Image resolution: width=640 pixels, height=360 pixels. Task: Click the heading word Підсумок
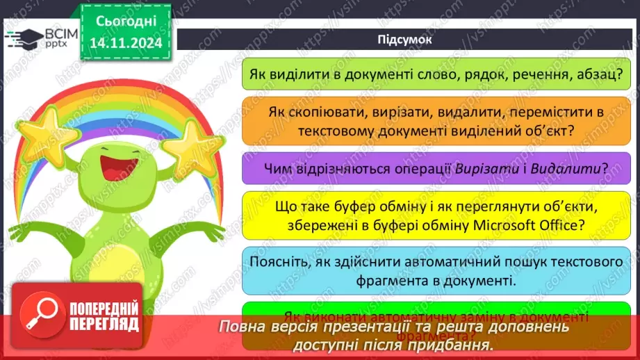404,39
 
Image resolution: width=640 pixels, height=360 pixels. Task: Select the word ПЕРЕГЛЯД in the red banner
104,323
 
